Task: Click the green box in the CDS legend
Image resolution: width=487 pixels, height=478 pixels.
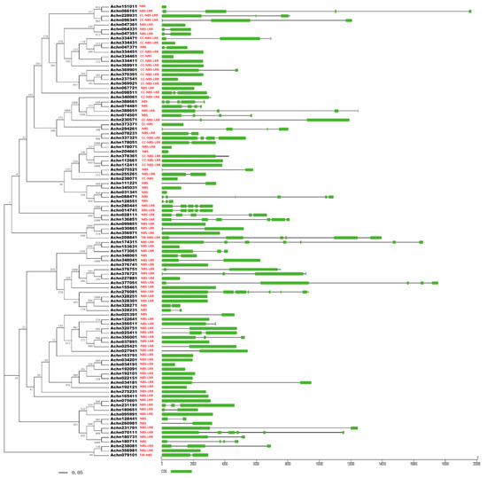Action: click(x=182, y=472)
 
